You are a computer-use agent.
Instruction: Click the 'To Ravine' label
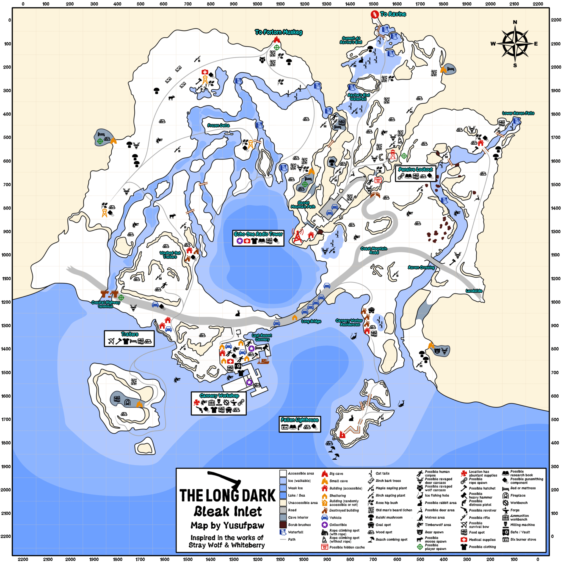393,14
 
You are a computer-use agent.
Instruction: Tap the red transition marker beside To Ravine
374,14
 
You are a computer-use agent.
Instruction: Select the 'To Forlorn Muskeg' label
278,32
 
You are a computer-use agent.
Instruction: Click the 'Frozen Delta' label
218,125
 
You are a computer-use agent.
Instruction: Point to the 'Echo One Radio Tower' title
258,234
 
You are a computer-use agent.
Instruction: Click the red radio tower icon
297,236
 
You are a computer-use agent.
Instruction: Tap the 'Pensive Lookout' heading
416,169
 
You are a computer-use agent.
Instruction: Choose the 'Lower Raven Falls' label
518,113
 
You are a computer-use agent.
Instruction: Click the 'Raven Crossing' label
421,267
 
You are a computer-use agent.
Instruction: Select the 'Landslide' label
474,291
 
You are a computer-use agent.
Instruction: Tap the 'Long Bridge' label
311,321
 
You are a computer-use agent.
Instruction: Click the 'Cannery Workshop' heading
219,395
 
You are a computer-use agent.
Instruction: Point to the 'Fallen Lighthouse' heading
300,420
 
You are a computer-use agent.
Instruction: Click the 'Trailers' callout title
130,334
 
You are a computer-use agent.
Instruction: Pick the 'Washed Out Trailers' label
170,255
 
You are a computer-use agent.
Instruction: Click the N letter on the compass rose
515,22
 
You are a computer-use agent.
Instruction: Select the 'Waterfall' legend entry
296,532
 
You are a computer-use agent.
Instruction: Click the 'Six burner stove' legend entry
523,539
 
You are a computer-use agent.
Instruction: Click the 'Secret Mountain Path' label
303,205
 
